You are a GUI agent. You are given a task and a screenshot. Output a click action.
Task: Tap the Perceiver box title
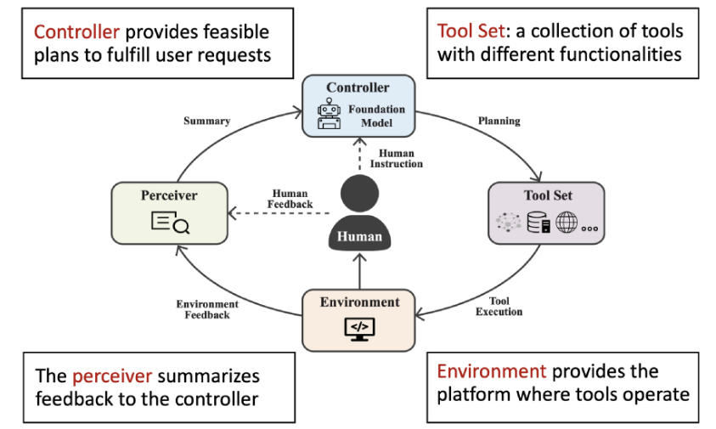pyautogui.click(x=169, y=195)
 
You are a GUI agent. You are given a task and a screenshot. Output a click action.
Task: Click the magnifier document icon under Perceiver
pyautogui.click(x=169, y=223)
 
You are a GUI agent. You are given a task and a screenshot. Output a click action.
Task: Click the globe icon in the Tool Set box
pyautogui.click(x=566, y=223)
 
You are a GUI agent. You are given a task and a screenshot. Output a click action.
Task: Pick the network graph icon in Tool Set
pyautogui.click(x=509, y=223)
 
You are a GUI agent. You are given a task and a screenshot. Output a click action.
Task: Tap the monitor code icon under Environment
pyautogui.click(x=359, y=328)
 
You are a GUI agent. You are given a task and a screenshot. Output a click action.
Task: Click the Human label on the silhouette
pyautogui.click(x=360, y=236)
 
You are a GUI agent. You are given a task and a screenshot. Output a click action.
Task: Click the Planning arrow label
pyautogui.click(x=499, y=121)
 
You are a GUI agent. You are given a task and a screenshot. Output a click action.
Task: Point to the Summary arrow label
pyautogui.click(x=206, y=121)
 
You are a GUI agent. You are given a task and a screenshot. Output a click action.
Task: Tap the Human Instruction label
pyautogui.click(x=397, y=159)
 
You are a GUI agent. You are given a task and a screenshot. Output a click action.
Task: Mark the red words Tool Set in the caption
pyautogui.click(x=466, y=32)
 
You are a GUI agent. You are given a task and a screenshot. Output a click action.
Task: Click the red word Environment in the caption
pyautogui.click(x=490, y=371)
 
